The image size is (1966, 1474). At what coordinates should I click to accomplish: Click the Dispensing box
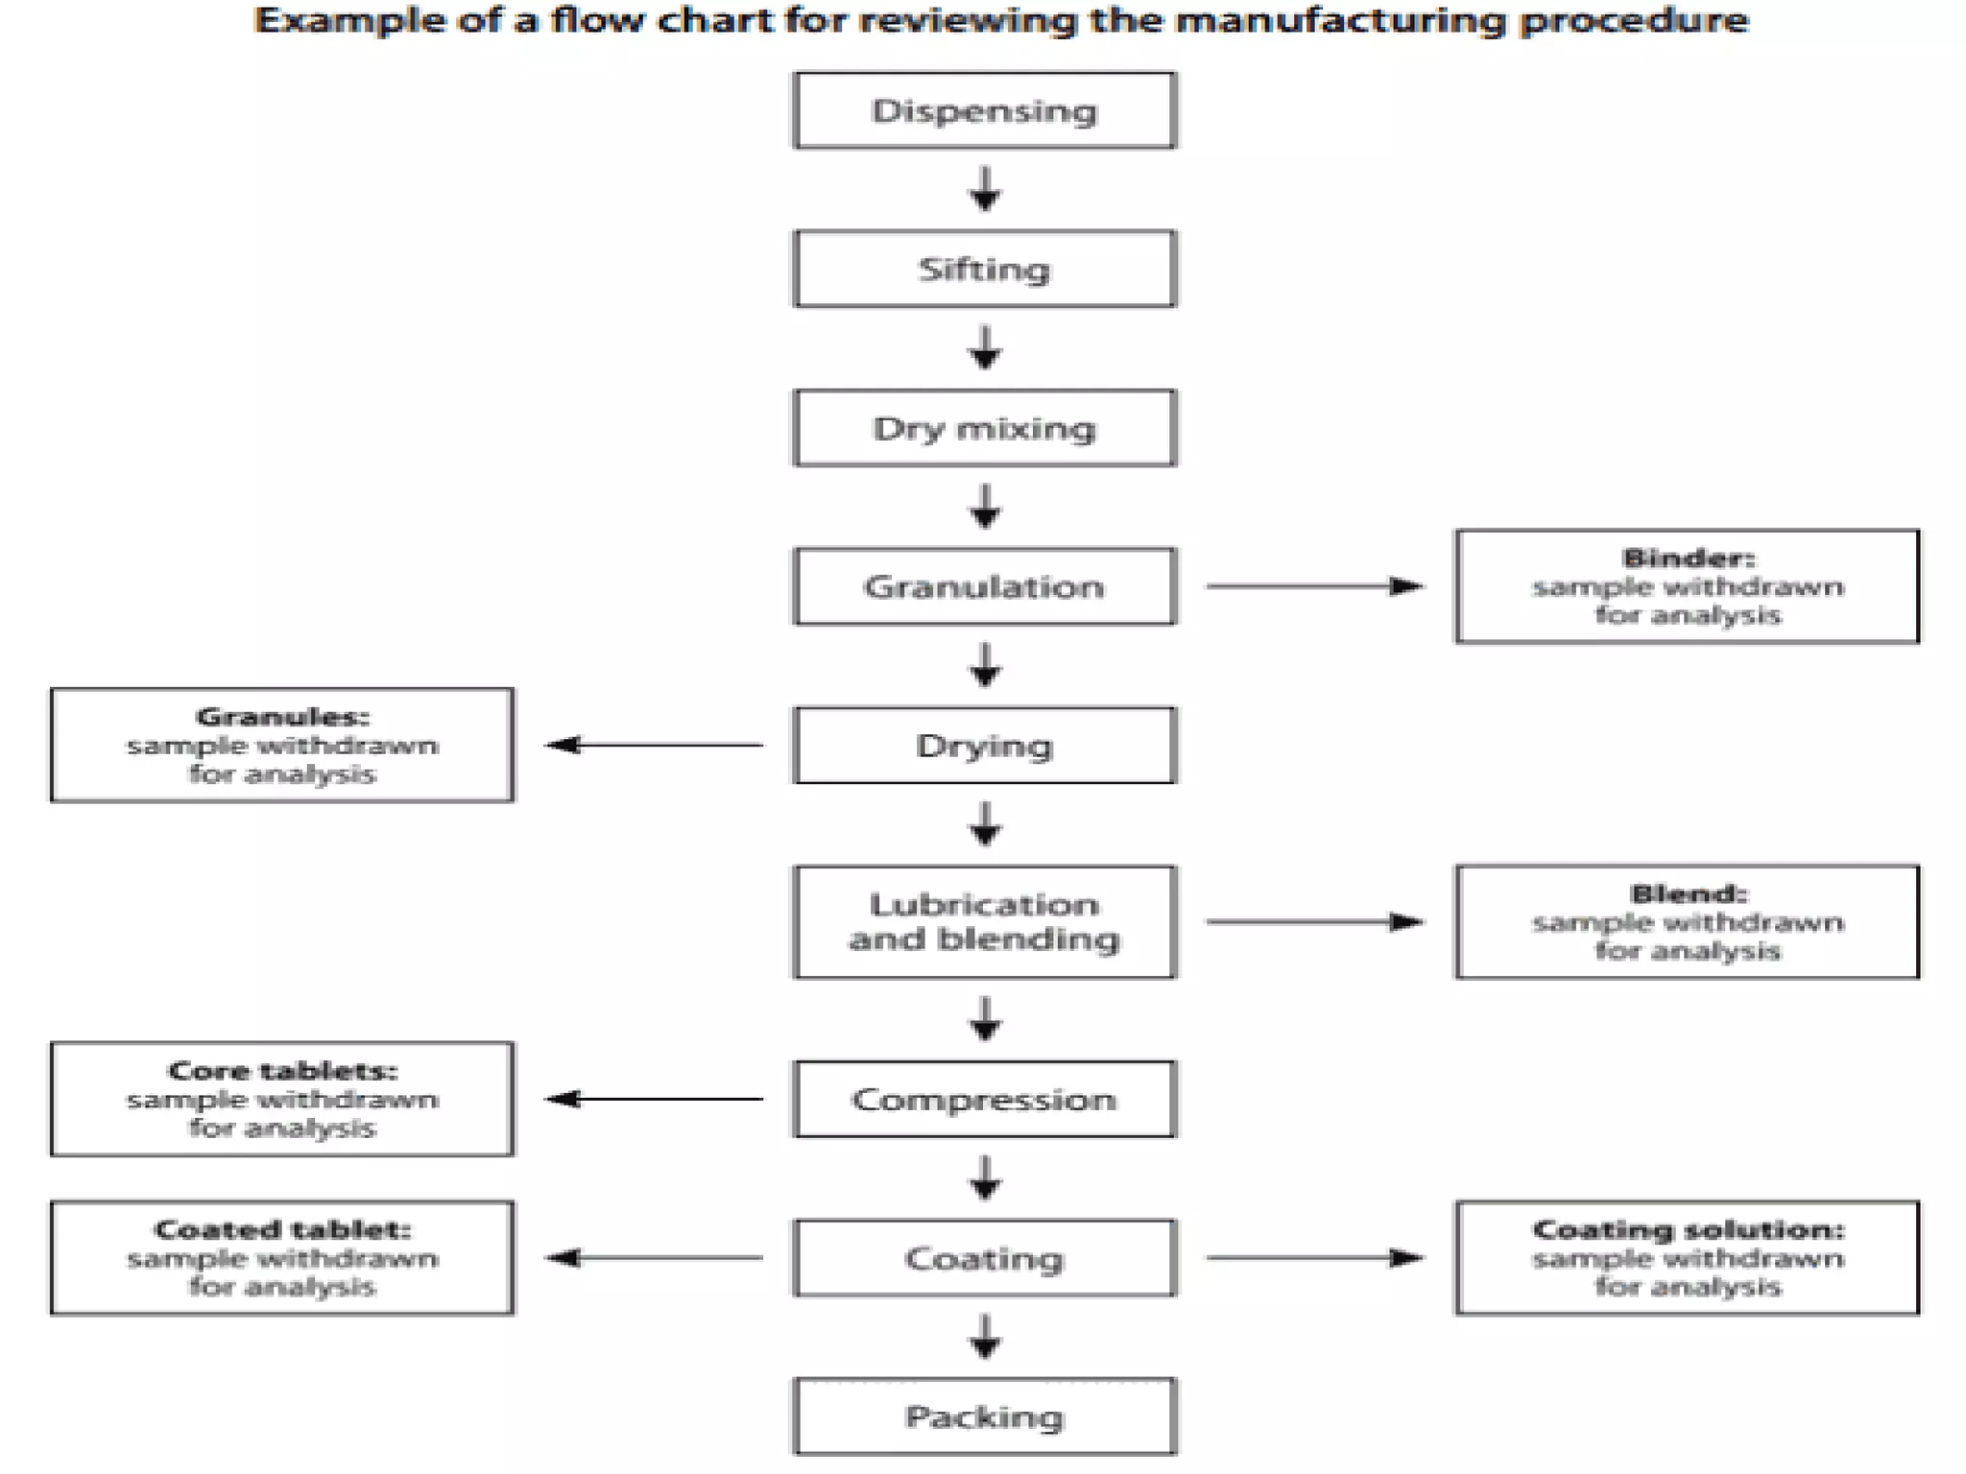click(x=984, y=110)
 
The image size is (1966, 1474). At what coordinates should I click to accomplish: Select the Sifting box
click(x=984, y=269)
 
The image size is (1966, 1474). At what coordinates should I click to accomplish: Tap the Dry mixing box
click(x=984, y=428)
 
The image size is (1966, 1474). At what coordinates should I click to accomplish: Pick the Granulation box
click(x=984, y=586)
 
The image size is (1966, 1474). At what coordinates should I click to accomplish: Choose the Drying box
click(x=984, y=746)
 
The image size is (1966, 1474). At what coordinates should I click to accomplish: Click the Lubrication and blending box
click(x=984, y=921)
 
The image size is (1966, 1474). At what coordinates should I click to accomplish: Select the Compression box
click(x=984, y=1099)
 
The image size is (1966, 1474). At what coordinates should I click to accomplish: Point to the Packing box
click(x=984, y=1416)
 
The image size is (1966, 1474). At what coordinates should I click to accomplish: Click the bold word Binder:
click(x=1688, y=558)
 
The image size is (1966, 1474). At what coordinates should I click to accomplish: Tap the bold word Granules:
click(x=282, y=717)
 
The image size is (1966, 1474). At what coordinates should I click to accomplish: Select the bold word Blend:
click(x=1688, y=893)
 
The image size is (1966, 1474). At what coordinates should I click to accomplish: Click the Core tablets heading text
click(x=282, y=1070)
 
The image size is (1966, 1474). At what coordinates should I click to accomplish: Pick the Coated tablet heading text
click(x=282, y=1229)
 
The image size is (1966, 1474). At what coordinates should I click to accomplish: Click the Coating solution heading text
click(x=1688, y=1229)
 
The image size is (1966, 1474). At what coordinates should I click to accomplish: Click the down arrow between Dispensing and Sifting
click(x=984, y=189)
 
